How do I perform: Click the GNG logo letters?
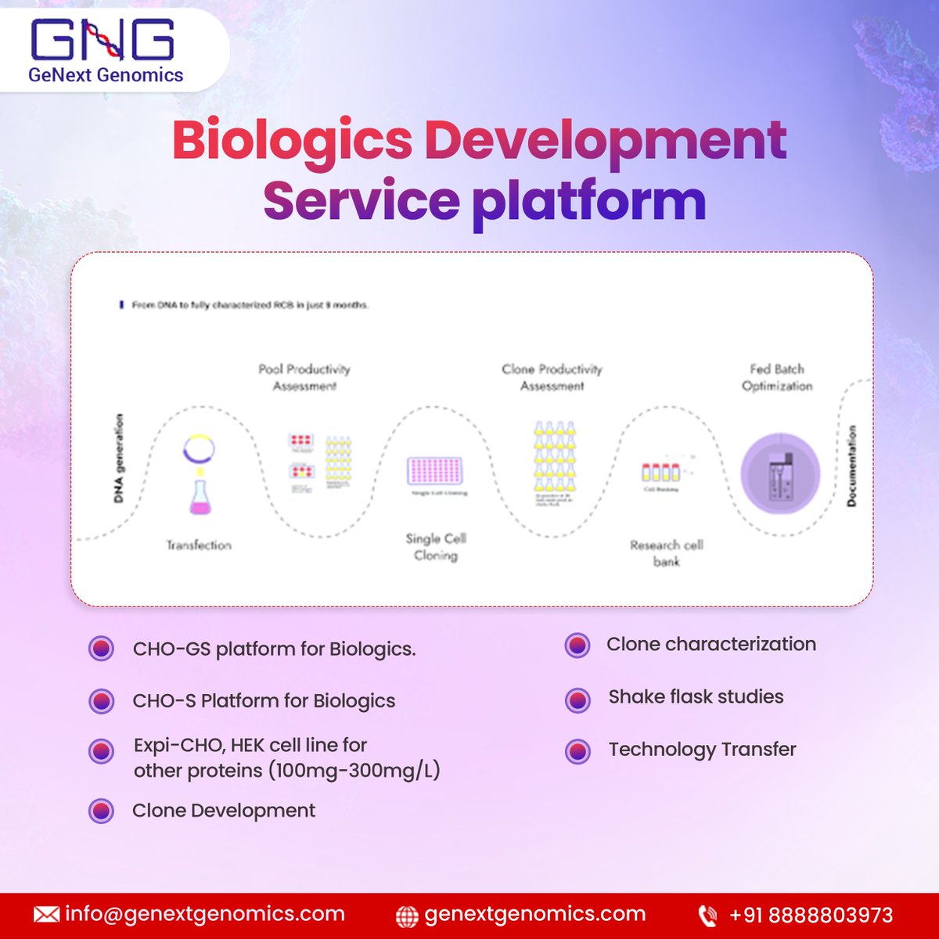[102, 41]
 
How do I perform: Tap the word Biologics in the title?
[292, 141]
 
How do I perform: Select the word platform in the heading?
[588, 201]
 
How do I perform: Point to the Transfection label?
[199, 545]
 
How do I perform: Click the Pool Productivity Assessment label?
[304, 377]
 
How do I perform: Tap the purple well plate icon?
[436, 471]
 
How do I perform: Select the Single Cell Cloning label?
[436, 547]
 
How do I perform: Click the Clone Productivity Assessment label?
[552, 377]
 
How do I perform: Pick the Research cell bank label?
[667, 552]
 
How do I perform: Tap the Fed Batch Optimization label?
[777, 377]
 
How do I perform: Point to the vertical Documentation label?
[851, 466]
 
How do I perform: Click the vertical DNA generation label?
[119, 458]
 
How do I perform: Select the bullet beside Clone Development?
[101, 811]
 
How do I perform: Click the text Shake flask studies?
[696, 696]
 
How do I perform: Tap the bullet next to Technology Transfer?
[577, 751]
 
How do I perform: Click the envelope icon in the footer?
[46, 915]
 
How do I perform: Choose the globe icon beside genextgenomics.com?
[407, 916]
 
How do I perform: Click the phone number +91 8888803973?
[811, 915]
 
